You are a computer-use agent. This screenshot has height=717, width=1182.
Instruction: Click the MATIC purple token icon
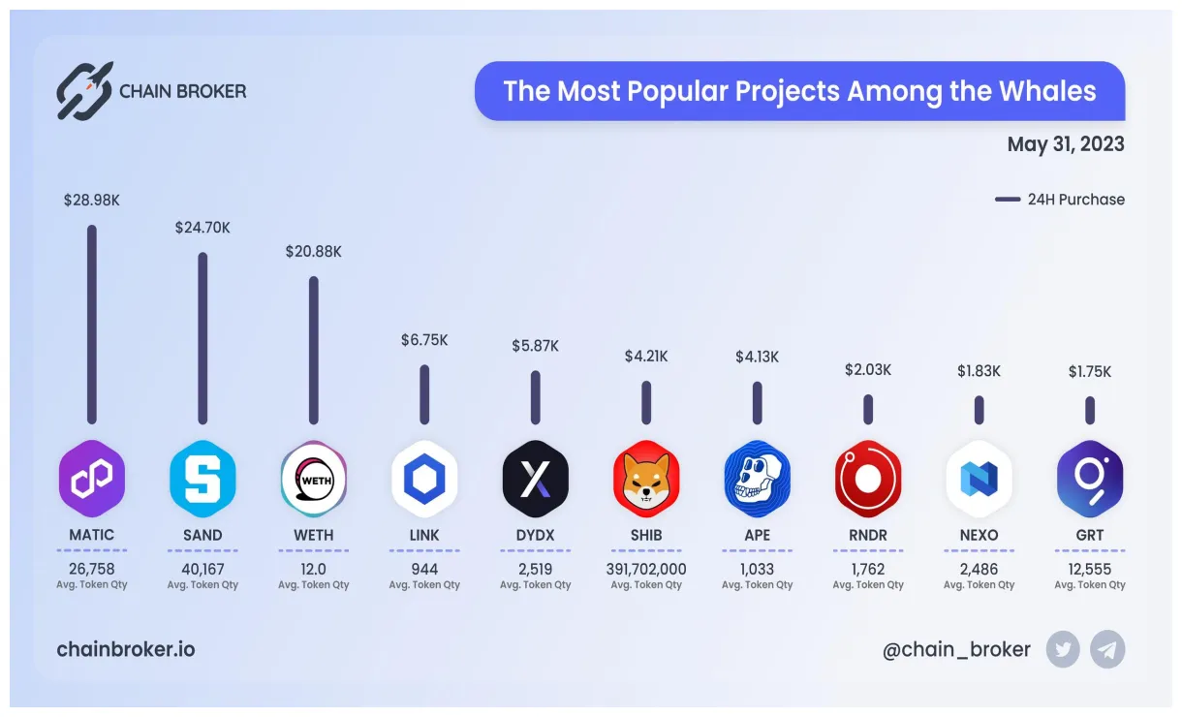(92, 479)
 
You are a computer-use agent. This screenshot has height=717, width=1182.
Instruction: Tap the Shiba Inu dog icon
(646, 479)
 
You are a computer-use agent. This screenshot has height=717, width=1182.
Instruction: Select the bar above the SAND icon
(202, 338)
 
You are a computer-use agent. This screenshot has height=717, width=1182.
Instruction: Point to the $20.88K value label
(313, 252)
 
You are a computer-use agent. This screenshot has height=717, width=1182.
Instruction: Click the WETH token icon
(313, 479)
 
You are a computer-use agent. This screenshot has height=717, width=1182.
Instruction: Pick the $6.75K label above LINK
(424, 340)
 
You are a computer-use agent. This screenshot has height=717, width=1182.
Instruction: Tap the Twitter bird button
(1063, 649)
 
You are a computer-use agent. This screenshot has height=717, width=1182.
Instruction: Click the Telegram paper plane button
(1107, 649)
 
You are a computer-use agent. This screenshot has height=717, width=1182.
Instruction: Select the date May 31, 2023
(1066, 144)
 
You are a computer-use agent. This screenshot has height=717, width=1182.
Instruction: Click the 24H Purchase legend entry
(1060, 200)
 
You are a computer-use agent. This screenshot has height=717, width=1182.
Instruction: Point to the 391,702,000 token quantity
(646, 570)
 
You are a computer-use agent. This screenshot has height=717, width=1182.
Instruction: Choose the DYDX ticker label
(535, 535)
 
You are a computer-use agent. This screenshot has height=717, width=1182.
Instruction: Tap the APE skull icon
(757, 479)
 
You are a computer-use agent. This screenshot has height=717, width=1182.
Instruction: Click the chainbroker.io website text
(126, 649)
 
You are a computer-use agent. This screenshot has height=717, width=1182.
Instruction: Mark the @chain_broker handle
(956, 649)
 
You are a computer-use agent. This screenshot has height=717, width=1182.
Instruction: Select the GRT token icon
(1089, 479)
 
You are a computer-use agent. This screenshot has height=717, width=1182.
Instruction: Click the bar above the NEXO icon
(979, 409)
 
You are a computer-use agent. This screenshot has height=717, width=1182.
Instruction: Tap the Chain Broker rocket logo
(83, 91)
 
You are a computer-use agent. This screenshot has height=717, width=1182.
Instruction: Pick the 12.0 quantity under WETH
(313, 570)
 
